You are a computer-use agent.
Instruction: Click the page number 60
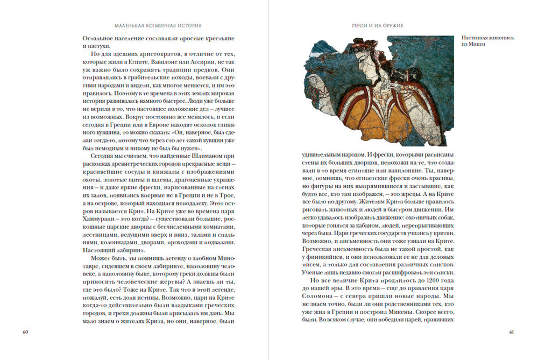pos(25,331)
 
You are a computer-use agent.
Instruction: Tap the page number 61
pos(512,331)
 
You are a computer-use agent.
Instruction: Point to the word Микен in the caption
pos(478,46)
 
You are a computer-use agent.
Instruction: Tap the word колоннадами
pos(108,242)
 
